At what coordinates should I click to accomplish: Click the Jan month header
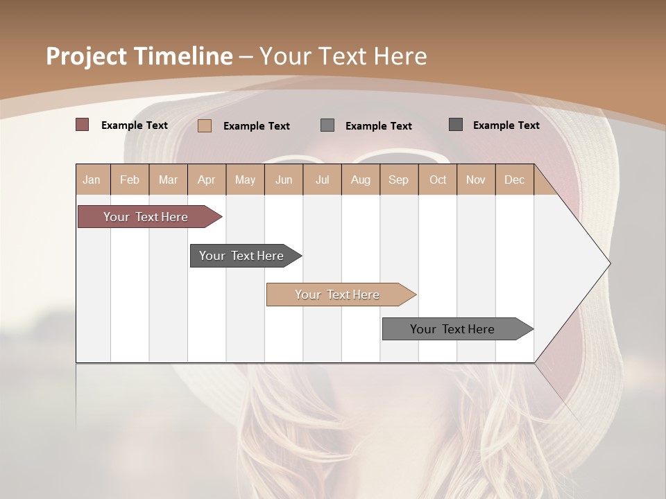pos(92,180)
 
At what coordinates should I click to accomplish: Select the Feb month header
pos(130,180)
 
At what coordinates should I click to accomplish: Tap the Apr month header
pos(206,180)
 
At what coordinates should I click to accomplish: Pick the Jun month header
pos(284,180)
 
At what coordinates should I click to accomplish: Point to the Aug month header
pos(360,180)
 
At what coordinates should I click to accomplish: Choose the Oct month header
pos(438,180)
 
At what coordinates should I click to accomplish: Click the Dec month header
pos(514,180)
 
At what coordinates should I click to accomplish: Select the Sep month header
pos(398,180)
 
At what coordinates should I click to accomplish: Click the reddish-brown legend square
pos(82,125)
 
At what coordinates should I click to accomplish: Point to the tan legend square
pos(205,125)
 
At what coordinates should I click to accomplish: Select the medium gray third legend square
pos(327,125)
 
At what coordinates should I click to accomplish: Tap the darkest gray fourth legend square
pos(456,125)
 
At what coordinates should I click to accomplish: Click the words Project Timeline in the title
pos(139,56)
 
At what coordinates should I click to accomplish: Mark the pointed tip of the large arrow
pos(609,263)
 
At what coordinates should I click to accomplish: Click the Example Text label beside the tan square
pos(256,126)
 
